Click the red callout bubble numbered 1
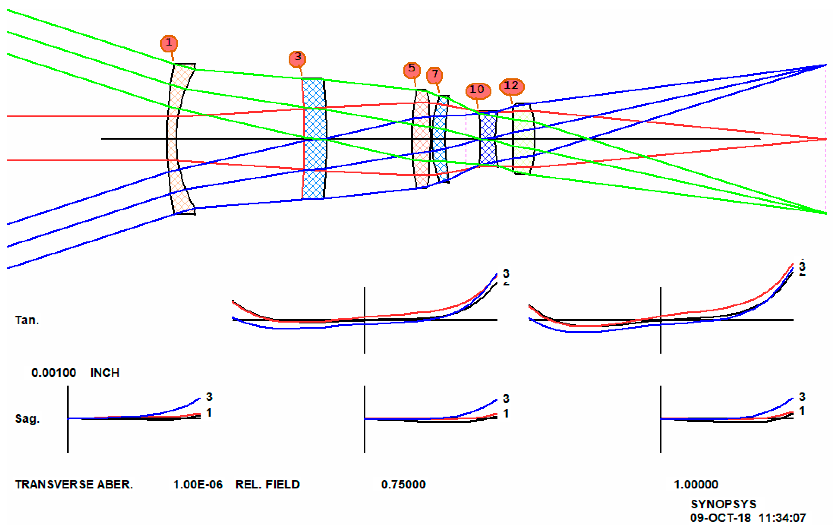coord(169,43)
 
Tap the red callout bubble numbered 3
coord(297,58)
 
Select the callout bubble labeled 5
coord(412,69)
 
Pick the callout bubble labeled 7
coord(435,75)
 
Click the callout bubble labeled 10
coord(477,90)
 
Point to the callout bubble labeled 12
coord(512,86)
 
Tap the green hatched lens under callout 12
coord(523,138)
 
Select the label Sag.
coord(27,419)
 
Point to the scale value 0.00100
coord(54,373)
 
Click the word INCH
coord(105,373)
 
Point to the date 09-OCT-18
coord(720,518)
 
